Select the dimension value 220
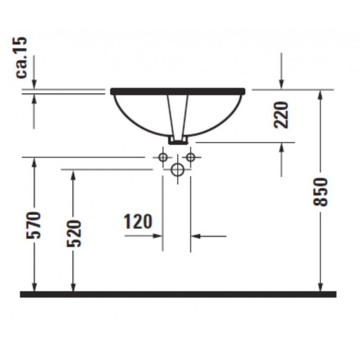[x=281, y=115]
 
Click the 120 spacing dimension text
[x=138, y=221]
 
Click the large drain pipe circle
[x=177, y=170]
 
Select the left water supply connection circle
[x=163, y=157]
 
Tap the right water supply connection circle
[x=191, y=157]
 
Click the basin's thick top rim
[x=178, y=91]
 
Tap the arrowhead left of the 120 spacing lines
[x=158, y=235]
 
